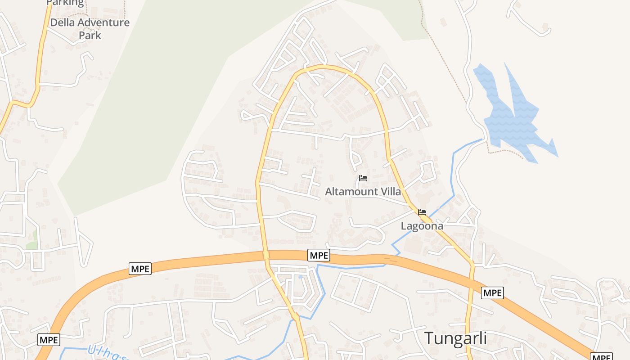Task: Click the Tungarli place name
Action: tap(455, 338)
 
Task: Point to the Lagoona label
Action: tap(422, 226)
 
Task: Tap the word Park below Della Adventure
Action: tap(90, 35)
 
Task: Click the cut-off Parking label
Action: tap(65, 3)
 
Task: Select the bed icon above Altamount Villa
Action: tap(363, 178)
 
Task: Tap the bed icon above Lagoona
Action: tap(422, 212)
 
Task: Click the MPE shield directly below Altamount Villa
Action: tap(319, 255)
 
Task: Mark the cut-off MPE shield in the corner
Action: tap(601, 357)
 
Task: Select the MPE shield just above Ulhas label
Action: tap(49, 340)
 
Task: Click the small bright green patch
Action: tap(31, 245)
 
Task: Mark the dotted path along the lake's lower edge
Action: tap(506, 152)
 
